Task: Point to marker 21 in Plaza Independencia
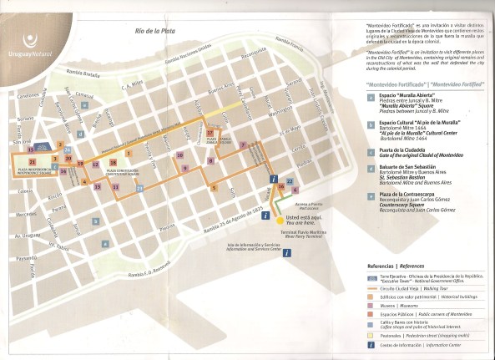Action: tap(32, 161)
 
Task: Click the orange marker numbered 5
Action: tap(215, 188)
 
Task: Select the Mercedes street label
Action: tap(26, 215)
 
